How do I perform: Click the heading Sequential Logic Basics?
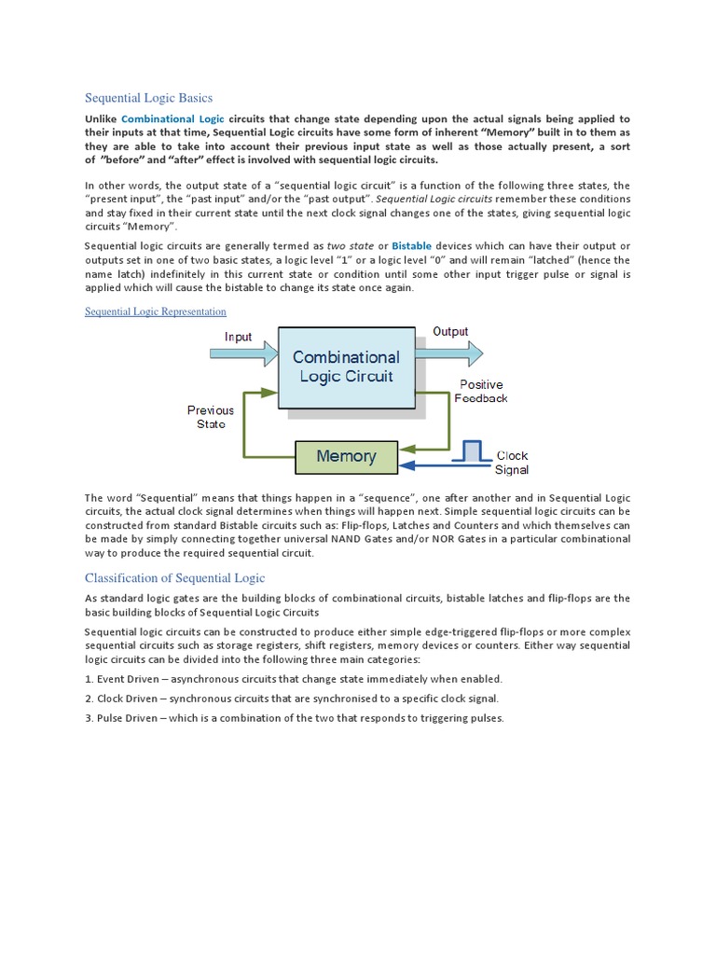click(149, 98)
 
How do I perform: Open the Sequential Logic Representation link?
click(156, 311)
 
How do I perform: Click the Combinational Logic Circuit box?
click(346, 367)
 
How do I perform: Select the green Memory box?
click(346, 456)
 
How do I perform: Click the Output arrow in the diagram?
click(452, 353)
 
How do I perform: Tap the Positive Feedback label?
click(481, 391)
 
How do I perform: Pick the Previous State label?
click(211, 417)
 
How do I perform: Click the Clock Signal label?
click(512, 463)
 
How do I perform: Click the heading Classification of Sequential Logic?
click(175, 578)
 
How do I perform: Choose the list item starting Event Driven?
click(294, 679)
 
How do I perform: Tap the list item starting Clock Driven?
click(292, 699)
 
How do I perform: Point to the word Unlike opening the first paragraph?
click(101, 119)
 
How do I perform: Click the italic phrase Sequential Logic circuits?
click(434, 200)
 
